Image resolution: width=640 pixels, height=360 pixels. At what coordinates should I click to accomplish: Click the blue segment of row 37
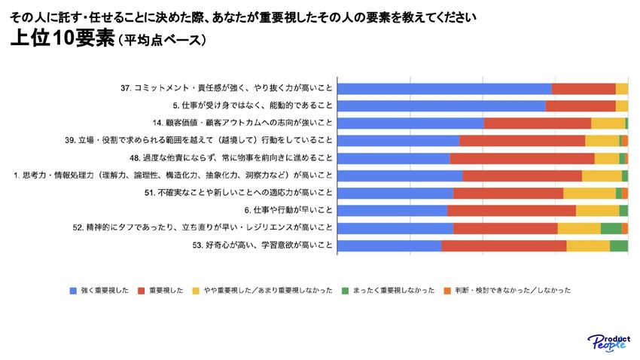tap(444, 88)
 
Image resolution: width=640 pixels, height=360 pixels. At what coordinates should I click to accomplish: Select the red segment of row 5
tap(581, 105)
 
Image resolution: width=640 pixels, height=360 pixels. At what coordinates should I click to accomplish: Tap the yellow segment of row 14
tap(608, 123)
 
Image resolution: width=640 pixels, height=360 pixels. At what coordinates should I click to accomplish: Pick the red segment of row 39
tap(522, 140)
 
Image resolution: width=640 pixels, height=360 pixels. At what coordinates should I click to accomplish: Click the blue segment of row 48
tap(393, 158)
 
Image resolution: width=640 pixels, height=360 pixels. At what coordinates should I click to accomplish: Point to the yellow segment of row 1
tap(602, 175)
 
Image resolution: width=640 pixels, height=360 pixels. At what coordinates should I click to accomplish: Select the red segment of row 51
tap(508, 193)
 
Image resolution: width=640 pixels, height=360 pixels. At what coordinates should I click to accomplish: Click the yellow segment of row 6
tap(597, 210)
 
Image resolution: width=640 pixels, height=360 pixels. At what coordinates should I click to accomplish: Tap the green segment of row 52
tap(611, 227)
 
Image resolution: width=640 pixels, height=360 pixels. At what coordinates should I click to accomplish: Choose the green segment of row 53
tap(618, 246)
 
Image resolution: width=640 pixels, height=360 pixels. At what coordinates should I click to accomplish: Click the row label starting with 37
tap(227, 88)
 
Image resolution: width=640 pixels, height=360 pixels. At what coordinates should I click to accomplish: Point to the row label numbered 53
tap(262, 246)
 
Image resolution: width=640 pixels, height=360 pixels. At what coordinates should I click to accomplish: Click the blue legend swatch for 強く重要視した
tap(72, 291)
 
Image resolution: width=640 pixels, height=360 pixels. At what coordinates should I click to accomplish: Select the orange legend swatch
tap(446, 291)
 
